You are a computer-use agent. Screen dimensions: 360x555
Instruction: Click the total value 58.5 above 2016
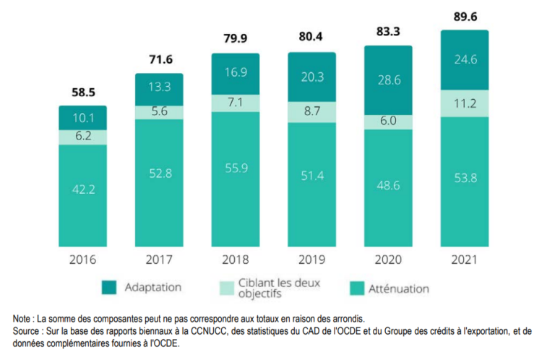point(82,93)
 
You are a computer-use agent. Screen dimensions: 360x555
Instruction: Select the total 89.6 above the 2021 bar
point(465,17)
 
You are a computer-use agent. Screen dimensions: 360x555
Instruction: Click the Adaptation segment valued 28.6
point(388,80)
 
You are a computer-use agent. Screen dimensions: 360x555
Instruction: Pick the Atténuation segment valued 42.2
point(82,189)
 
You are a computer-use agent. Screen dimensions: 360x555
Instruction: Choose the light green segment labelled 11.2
point(465,103)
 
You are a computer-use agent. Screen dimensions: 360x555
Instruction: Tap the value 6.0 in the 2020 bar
point(388,123)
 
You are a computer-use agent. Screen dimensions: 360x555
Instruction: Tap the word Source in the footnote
point(28,330)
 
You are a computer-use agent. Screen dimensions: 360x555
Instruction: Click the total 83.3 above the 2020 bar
point(388,31)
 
